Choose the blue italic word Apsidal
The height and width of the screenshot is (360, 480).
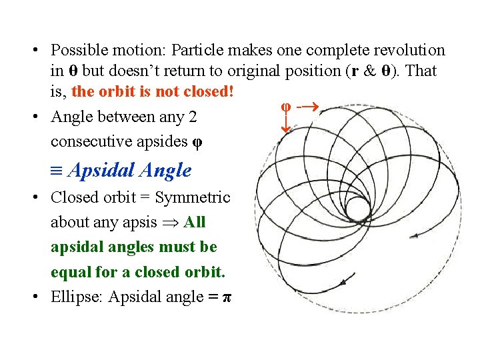pos(99,171)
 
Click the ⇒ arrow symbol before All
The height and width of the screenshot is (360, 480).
pos(171,223)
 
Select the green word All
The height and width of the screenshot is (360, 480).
pos(195,222)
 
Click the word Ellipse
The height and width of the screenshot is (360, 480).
pos(77,297)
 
